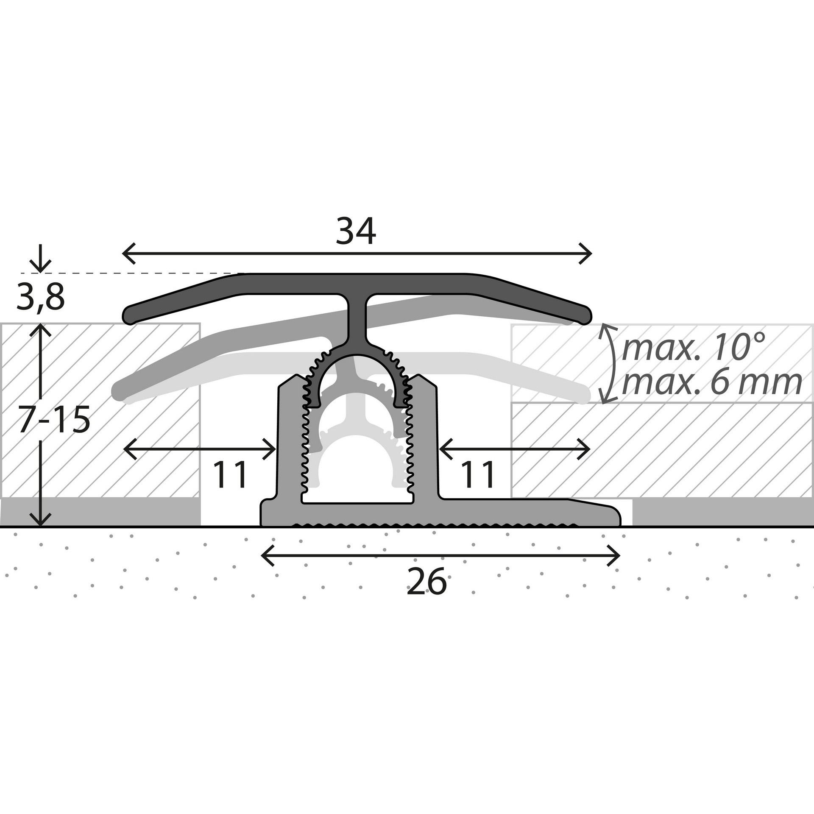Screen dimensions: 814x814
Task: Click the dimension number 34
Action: [x=356, y=231]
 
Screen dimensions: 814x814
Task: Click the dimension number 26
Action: [x=427, y=582]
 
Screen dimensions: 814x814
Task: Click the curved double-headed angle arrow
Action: [x=614, y=363]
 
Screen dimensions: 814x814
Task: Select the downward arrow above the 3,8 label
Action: [x=41, y=258]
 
